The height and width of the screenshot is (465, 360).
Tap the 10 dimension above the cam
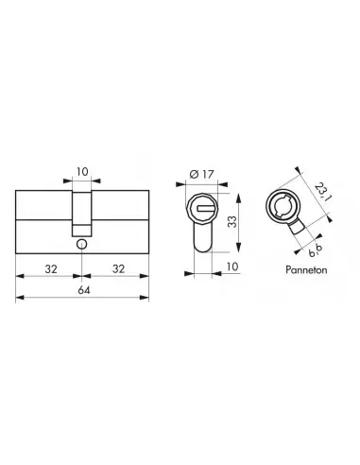(x=83, y=173)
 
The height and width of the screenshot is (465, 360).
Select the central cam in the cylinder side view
(x=83, y=210)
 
